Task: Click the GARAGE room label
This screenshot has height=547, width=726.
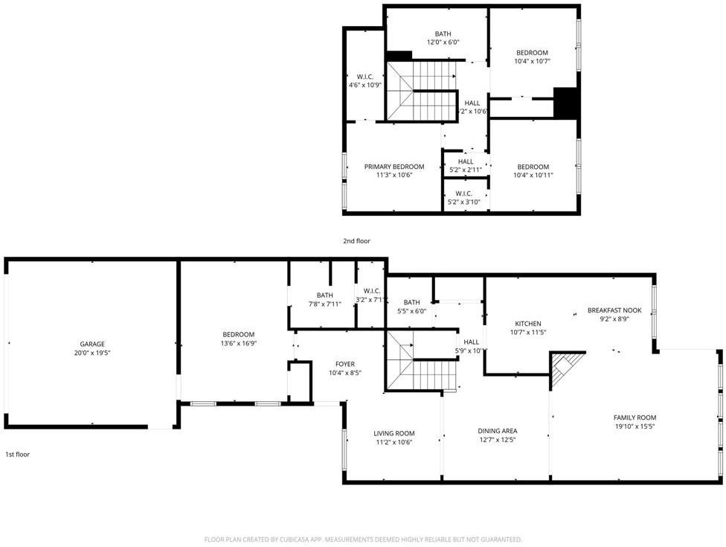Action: click(x=92, y=345)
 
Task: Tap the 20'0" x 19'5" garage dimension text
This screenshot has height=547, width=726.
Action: click(x=92, y=354)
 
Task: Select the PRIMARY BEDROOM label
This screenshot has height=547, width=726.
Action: click(x=394, y=167)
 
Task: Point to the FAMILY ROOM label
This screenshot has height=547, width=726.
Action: click(x=635, y=418)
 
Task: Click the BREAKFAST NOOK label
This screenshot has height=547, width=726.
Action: click(x=614, y=310)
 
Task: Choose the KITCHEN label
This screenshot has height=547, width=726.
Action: click(x=528, y=323)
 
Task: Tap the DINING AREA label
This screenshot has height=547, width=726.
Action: click(x=498, y=431)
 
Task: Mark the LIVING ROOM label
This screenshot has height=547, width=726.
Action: click(x=394, y=433)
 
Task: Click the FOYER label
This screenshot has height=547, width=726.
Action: click(x=345, y=364)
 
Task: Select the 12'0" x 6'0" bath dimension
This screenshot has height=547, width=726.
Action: click(x=443, y=42)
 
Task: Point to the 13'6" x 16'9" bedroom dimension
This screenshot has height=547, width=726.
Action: click(x=239, y=343)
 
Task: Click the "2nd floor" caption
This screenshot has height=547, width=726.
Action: click(x=356, y=241)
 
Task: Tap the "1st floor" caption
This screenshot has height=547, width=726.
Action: click(x=18, y=454)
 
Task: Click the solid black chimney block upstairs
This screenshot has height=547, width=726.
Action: click(x=567, y=103)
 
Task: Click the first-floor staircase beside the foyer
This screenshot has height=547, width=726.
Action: click(x=421, y=365)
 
